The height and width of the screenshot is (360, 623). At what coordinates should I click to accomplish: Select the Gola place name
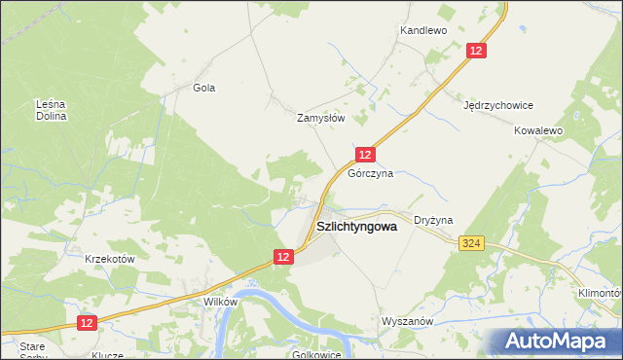pos(203,88)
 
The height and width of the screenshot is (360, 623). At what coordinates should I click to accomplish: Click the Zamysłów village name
pos(321,118)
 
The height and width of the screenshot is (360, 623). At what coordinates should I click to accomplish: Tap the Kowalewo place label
pos(539,129)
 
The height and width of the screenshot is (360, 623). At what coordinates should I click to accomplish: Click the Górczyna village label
pos(370,174)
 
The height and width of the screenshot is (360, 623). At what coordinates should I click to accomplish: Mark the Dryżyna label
pos(433,221)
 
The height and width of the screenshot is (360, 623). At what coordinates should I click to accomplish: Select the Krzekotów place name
pos(109,259)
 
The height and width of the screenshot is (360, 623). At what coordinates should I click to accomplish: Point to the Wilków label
pos(220,302)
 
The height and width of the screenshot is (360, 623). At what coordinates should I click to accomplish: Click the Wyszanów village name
pos(407,320)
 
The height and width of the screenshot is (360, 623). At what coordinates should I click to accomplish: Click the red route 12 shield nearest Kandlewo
pos(476,52)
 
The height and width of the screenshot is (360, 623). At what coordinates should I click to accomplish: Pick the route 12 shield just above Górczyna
pos(364,155)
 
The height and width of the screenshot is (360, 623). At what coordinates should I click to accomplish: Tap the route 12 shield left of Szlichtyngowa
pos(282,256)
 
